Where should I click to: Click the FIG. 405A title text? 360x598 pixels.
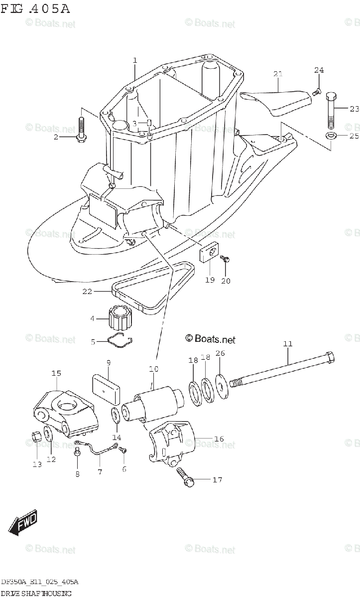tap(35, 9)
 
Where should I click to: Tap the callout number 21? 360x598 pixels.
tap(278, 74)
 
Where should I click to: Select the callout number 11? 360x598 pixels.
tap(288, 344)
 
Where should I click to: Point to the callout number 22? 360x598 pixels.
tap(87, 292)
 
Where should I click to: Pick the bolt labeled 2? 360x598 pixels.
tap(82, 129)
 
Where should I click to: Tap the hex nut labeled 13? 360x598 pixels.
tap(36, 437)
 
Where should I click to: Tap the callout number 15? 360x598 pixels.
tap(56, 373)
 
